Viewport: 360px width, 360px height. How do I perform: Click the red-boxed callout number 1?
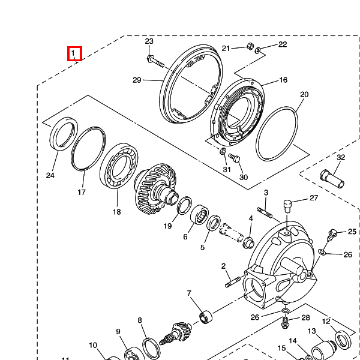pos(73,53)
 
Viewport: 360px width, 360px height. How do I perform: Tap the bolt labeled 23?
pos(155,61)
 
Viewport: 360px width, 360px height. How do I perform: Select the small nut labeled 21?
pos(250,46)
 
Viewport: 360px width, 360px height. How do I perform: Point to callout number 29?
pos(137,80)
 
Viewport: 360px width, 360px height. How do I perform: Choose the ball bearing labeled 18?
pos(119,166)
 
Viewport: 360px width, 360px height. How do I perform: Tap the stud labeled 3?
pos(265,212)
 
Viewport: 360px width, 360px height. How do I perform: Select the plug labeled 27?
pos(287,206)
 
